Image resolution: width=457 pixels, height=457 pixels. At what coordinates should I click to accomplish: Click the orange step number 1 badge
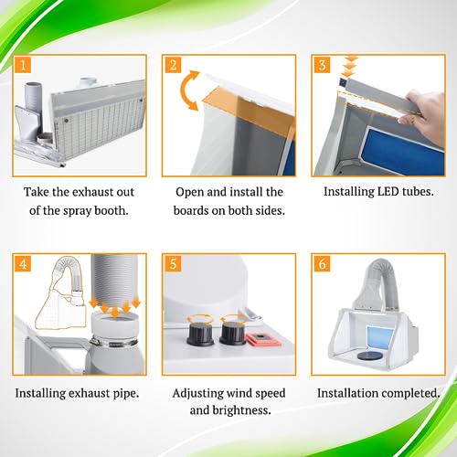point(23,65)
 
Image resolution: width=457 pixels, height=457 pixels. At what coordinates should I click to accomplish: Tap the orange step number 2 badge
point(173,65)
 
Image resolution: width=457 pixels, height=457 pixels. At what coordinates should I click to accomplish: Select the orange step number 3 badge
point(322,65)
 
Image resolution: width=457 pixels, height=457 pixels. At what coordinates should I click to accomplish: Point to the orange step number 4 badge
point(23,263)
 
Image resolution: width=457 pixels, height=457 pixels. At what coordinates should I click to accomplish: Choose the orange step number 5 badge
point(173,263)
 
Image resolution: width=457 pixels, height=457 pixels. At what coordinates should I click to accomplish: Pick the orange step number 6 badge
point(322,263)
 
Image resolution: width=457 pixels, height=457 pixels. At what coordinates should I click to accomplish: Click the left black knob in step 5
point(200,333)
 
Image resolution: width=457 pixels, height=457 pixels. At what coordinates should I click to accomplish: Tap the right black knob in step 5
point(232,333)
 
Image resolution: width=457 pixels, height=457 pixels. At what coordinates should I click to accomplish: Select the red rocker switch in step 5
point(263,338)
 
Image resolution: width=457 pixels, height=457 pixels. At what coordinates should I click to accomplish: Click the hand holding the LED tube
point(423,114)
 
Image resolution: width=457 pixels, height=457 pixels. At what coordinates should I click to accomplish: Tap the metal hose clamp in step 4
point(113,343)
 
